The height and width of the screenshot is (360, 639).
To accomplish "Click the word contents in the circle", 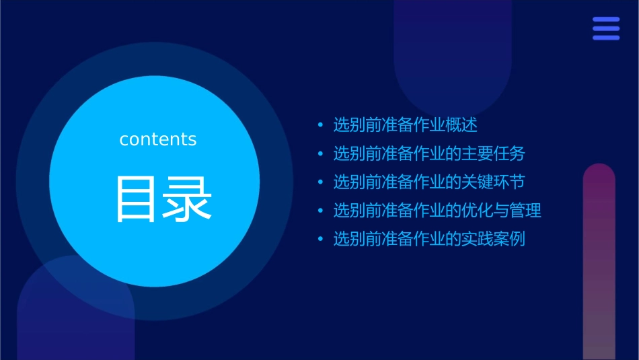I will tap(158, 139).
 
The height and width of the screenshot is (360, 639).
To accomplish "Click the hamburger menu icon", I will tap(605, 28).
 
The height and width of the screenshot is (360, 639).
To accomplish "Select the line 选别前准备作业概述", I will tap(405, 124).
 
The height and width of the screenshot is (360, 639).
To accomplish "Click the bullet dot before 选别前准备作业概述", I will tap(320, 125).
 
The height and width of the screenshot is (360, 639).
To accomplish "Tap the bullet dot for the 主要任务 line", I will tap(320, 154).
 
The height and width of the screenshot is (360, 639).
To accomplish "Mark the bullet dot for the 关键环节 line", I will tap(320, 182).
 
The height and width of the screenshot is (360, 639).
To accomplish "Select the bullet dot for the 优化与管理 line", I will tap(320, 211).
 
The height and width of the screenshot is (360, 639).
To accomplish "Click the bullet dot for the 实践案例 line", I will tap(320, 240).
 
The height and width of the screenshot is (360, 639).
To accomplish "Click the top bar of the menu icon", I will tap(605, 20).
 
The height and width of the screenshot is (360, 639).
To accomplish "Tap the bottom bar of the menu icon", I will tap(605, 37).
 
